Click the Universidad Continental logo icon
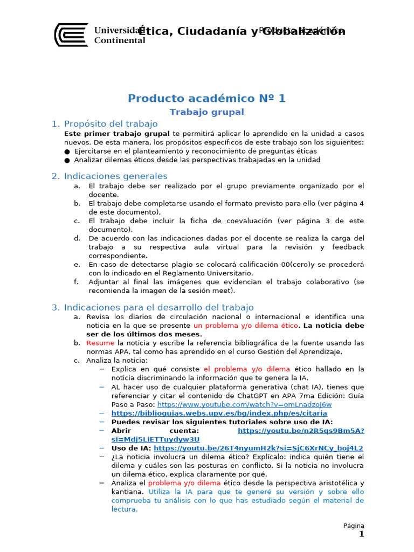click(71, 34)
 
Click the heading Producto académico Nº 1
click(207, 98)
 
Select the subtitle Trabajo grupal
click(207, 112)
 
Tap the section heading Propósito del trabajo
click(111, 124)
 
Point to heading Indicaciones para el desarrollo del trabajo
click(158, 307)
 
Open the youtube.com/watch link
click(245, 404)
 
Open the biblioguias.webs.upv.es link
click(219, 413)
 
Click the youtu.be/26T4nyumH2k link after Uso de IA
click(258, 448)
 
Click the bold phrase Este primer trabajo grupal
click(117, 133)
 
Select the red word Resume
click(100, 343)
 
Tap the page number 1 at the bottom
click(362, 535)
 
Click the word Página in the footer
click(354, 526)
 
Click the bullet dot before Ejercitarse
click(67, 152)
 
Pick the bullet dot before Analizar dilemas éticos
click(67, 160)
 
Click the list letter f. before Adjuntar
click(77, 282)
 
